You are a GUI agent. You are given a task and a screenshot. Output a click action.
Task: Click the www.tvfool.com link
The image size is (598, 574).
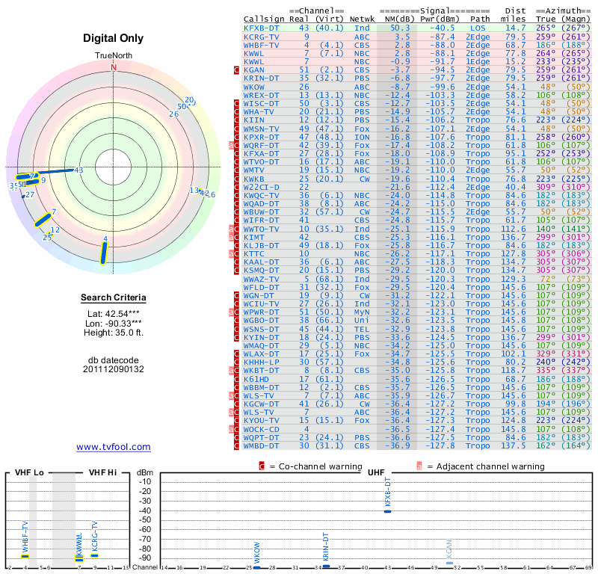(x=114, y=447)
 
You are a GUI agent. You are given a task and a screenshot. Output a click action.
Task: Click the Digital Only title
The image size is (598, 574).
(x=113, y=38)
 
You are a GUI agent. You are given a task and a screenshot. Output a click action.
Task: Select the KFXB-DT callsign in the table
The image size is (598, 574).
(x=262, y=27)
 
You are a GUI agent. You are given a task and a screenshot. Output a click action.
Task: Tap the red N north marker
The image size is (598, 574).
(x=114, y=67)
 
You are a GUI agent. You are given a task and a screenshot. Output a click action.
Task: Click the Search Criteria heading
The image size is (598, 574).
(x=113, y=298)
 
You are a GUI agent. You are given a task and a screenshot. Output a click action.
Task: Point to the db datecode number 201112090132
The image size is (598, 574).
(x=113, y=369)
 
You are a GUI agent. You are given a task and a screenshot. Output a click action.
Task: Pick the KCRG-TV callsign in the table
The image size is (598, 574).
(x=262, y=36)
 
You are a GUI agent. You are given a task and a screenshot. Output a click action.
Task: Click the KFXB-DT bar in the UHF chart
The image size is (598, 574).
(x=387, y=510)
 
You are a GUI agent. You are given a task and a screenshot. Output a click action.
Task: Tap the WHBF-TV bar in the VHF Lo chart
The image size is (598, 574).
(x=25, y=556)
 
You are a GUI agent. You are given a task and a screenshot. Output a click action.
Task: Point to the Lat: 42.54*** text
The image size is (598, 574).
(x=113, y=313)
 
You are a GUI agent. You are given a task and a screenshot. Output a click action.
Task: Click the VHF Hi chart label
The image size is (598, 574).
(x=104, y=472)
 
